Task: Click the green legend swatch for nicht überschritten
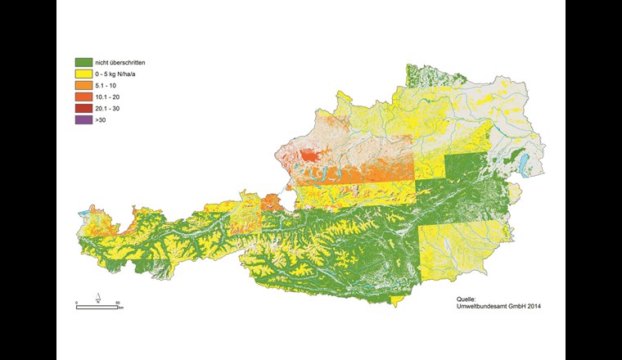82,62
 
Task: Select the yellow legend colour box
82,74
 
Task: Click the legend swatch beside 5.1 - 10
82,85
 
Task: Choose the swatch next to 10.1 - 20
82,97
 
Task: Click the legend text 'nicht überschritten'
119,62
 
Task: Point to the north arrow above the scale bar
97,297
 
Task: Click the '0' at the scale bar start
76,303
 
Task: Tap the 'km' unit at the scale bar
120,308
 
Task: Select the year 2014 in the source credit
532,307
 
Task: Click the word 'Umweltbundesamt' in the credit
484,307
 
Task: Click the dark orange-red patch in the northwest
309,155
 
